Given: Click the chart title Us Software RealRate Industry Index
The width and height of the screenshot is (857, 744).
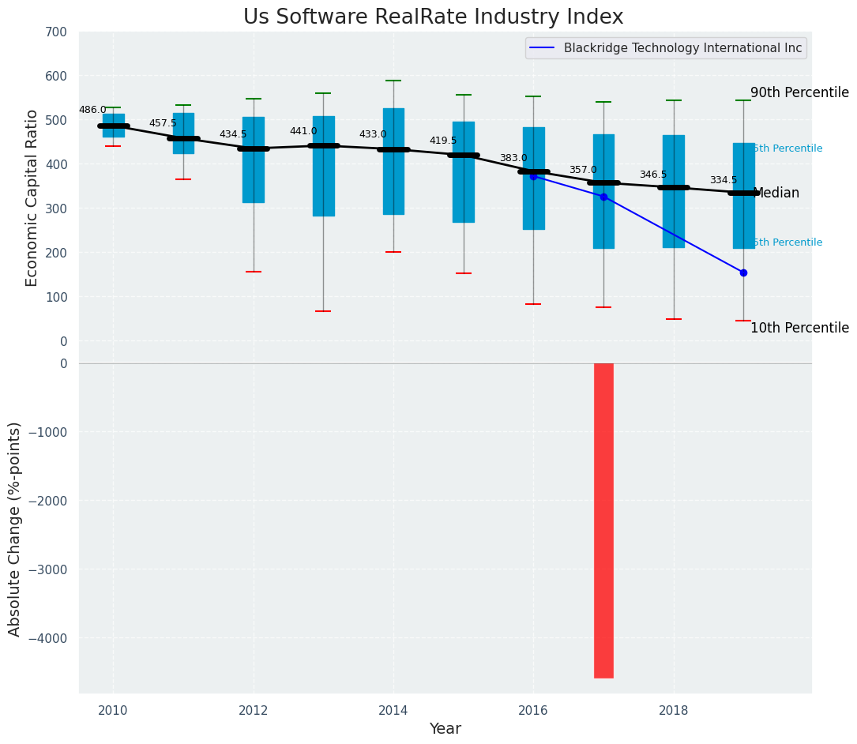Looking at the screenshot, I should [x=433, y=17].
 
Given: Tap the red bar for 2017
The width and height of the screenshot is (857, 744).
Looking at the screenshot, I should [x=603, y=520].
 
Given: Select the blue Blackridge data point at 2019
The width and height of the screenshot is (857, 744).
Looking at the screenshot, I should [x=743, y=272].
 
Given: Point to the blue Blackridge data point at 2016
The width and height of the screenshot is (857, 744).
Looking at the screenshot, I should [x=533, y=176].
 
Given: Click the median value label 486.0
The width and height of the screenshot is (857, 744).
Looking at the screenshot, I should [x=92, y=111].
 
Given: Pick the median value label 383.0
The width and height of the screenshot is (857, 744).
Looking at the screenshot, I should [x=513, y=159].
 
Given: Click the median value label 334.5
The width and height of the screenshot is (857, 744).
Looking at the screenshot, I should [x=724, y=181].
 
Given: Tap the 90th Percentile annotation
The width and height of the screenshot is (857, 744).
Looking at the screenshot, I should [x=799, y=93].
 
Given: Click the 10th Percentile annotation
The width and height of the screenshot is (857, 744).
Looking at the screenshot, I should [x=799, y=329].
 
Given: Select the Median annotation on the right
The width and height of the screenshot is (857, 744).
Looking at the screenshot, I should [x=777, y=194].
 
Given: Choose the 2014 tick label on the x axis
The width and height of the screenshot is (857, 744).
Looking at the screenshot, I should [x=393, y=711].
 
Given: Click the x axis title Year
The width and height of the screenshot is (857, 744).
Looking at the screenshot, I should [x=445, y=729].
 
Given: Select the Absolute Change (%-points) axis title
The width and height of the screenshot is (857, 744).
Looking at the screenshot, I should [x=15, y=528].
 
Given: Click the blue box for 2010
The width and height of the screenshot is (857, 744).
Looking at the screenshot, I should [x=113, y=126].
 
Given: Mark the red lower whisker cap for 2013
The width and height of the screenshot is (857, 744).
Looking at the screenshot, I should [x=323, y=311].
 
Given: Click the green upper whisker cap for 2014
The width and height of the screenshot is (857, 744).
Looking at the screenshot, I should [x=393, y=81].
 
